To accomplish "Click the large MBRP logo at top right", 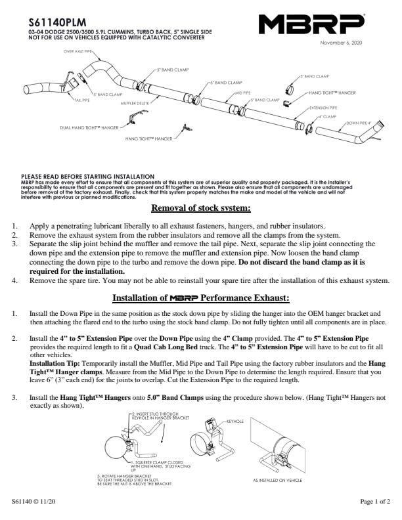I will pos(311,24).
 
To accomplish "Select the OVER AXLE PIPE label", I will pos(78,51).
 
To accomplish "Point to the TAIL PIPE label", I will pos(81,100).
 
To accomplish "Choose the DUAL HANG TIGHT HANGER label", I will pos(89,127).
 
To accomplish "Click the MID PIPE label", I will pos(242,93).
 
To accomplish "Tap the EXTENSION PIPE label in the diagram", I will pos(323,107).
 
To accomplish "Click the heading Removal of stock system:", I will pos(201,209).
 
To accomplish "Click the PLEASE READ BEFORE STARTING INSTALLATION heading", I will pos(87,176).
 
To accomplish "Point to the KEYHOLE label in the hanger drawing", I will pos(234,420).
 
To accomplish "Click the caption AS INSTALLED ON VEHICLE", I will pos(277,480).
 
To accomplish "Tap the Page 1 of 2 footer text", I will pos(375,502).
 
